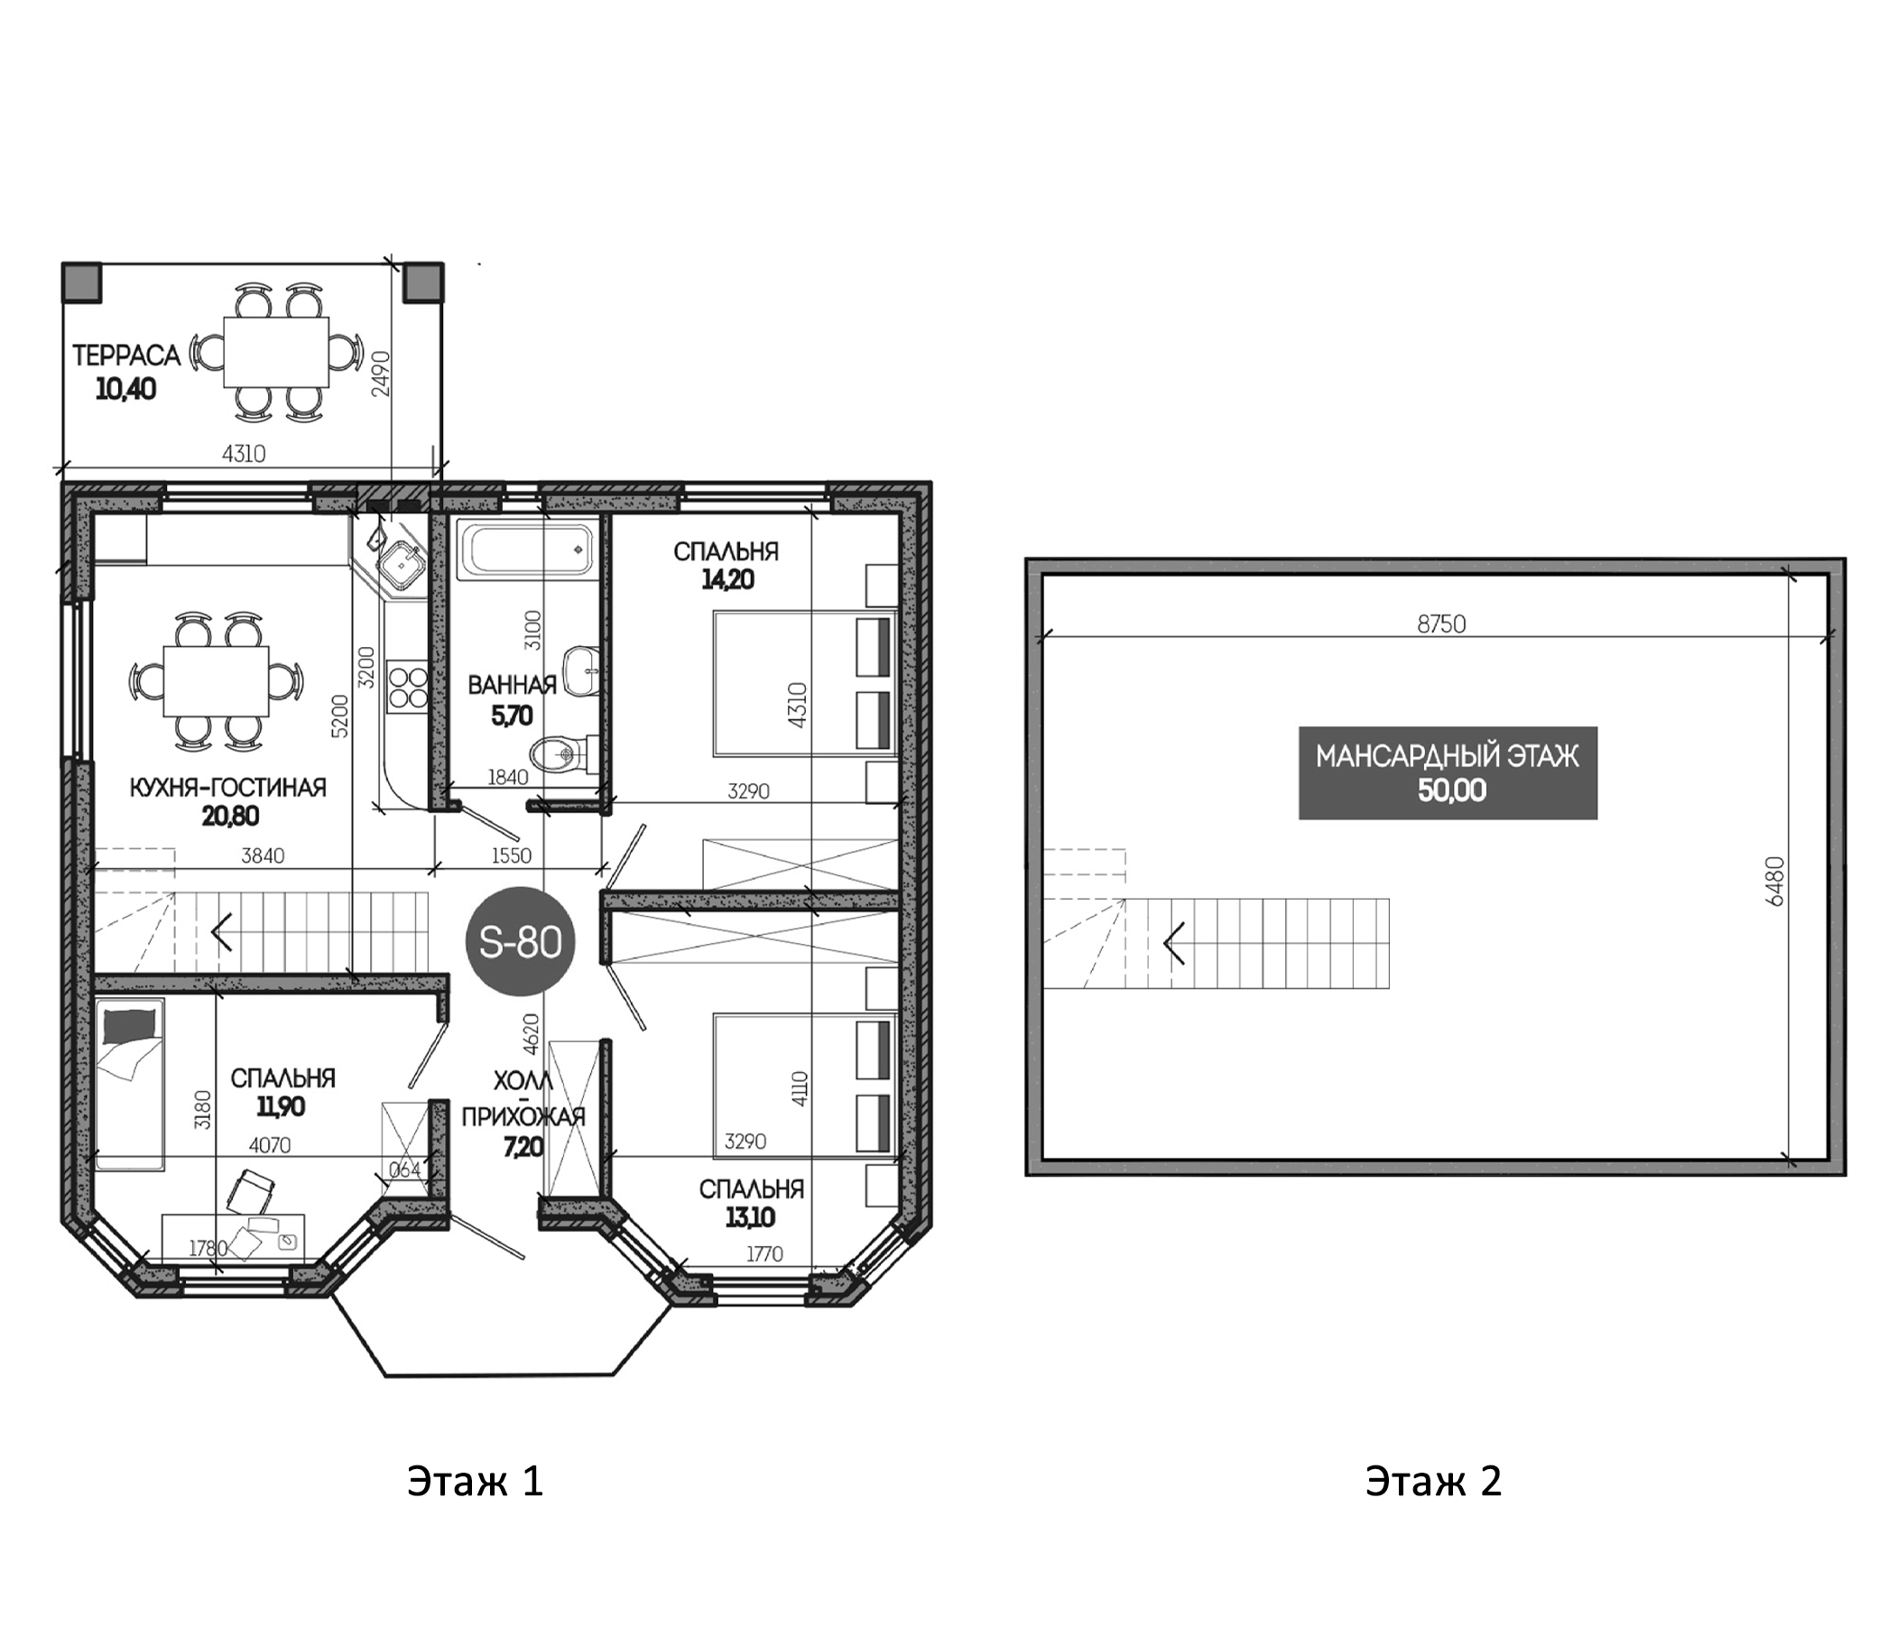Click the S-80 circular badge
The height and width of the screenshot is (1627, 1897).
point(520,941)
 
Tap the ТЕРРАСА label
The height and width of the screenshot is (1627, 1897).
point(126,356)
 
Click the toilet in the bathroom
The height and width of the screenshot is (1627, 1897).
point(561,753)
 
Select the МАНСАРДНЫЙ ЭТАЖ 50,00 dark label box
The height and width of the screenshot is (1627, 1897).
point(1448,772)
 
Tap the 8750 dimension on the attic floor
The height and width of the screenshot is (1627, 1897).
point(1441,624)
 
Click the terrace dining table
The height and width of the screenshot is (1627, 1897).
point(276,353)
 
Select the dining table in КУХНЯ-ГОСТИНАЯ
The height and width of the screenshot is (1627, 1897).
point(216,681)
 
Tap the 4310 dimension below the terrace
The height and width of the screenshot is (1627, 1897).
point(244,453)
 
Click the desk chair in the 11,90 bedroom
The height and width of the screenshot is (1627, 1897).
point(250,1191)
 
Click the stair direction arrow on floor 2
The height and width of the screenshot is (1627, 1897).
point(1175,943)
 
